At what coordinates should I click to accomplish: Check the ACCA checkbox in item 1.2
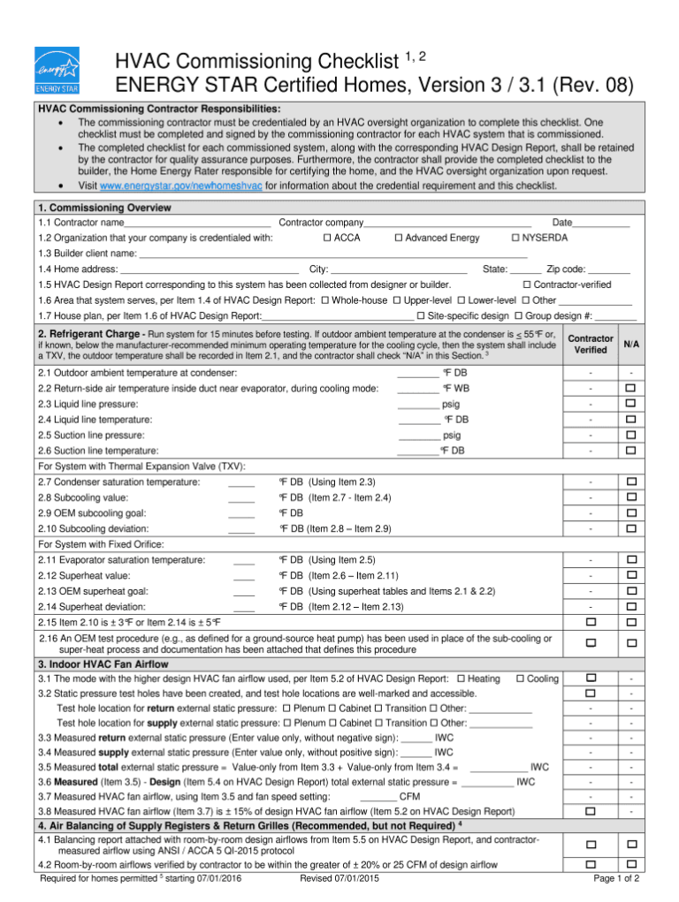[327, 239]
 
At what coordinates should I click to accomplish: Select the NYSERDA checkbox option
[515, 239]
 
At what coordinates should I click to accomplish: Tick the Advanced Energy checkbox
[399, 239]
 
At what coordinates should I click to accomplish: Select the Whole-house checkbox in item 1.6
[325, 300]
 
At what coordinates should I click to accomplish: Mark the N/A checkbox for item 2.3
[630, 404]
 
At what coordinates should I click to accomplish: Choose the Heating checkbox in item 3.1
[462, 678]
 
